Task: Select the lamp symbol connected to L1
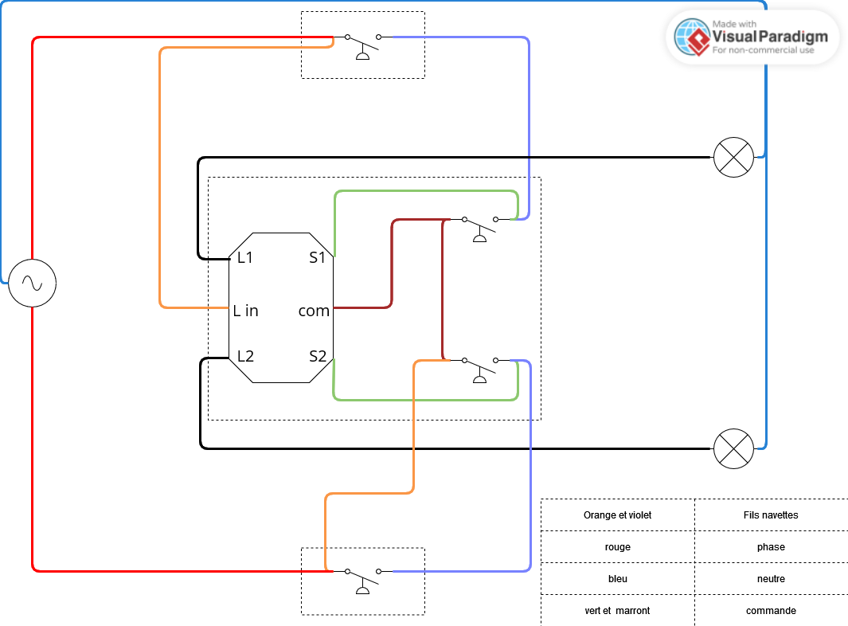(733, 157)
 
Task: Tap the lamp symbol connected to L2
(733, 448)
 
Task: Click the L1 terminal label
(245, 257)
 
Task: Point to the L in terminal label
(246, 311)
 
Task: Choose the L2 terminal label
(245, 356)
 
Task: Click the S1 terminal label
(318, 257)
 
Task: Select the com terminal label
(314, 311)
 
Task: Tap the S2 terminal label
(318, 356)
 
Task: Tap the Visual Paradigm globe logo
(691, 37)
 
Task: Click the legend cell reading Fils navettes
(770, 515)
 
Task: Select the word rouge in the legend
(617, 547)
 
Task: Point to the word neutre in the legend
(770, 579)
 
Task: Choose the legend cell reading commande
(770, 611)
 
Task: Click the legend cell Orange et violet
(617, 515)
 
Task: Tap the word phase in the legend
(770, 547)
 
